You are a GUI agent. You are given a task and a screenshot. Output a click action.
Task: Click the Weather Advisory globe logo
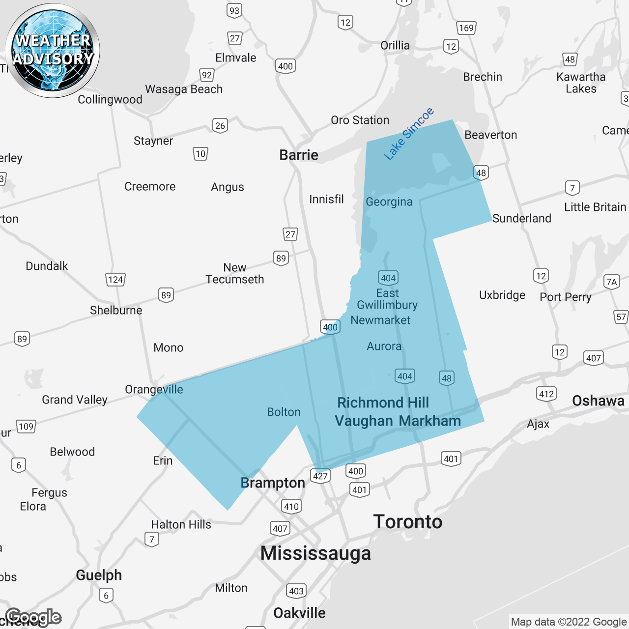53,51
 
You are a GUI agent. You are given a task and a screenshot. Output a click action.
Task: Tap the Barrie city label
299,155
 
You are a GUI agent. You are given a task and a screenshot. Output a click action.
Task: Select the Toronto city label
408,522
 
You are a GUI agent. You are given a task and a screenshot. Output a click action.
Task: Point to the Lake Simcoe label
409,134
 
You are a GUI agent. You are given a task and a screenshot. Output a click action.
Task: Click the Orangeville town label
154,390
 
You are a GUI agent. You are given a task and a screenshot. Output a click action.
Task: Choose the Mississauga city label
315,553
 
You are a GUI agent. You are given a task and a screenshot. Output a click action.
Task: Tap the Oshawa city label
598,401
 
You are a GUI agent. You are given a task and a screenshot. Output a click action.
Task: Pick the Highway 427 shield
320,476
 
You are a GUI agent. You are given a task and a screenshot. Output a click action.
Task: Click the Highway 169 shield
466,28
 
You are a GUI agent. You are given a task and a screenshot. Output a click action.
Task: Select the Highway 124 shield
115,280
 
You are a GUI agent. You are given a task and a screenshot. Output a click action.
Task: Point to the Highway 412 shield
546,394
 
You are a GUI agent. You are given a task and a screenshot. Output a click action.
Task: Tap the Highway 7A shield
611,282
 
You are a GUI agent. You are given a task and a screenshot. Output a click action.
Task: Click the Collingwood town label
110,100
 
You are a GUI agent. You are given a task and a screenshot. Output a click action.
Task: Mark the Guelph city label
99,575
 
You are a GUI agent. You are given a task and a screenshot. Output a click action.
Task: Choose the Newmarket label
380,320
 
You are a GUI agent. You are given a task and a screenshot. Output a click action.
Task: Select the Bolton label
284,412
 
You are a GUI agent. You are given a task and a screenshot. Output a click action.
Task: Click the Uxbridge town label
502,295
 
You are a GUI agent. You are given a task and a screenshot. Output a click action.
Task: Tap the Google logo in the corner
33,617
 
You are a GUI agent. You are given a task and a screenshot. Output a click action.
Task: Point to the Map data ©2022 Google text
569,622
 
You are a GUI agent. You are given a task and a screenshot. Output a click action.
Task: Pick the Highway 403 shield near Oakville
296,591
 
